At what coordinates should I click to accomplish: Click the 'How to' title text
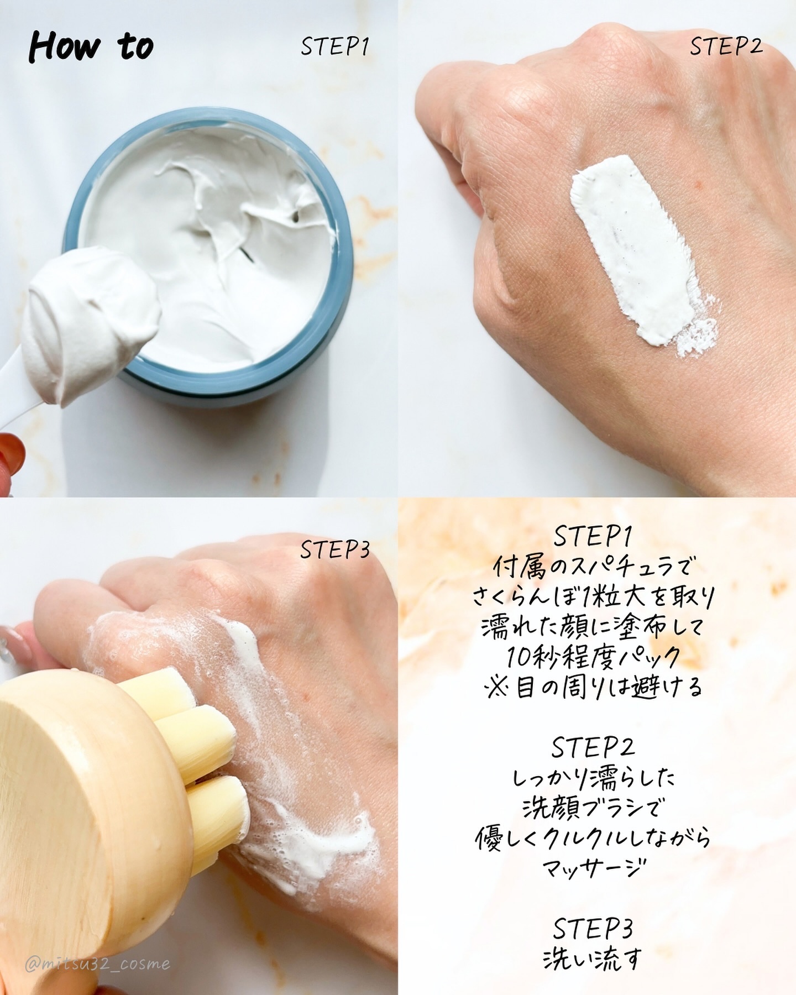pos(91,46)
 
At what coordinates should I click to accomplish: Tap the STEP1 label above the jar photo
pos(334,47)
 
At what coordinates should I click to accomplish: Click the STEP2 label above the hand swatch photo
pos(726,46)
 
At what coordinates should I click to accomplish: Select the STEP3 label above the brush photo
pos(334,549)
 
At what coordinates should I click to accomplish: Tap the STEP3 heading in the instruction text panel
pos(593,929)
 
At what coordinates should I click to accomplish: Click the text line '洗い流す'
pos(593,959)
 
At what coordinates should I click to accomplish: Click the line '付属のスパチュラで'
pos(593,567)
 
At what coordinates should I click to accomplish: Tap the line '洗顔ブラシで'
pos(593,808)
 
